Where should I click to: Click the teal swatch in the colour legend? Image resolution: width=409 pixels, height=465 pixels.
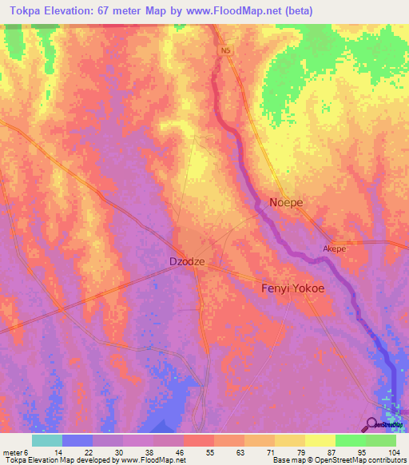tap(46, 440)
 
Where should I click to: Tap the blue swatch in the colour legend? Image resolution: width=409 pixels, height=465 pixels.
tap(77, 440)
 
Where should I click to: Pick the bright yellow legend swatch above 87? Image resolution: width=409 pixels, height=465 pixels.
tap(320, 440)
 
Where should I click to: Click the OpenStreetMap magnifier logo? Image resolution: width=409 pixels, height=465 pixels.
tap(372, 424)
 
